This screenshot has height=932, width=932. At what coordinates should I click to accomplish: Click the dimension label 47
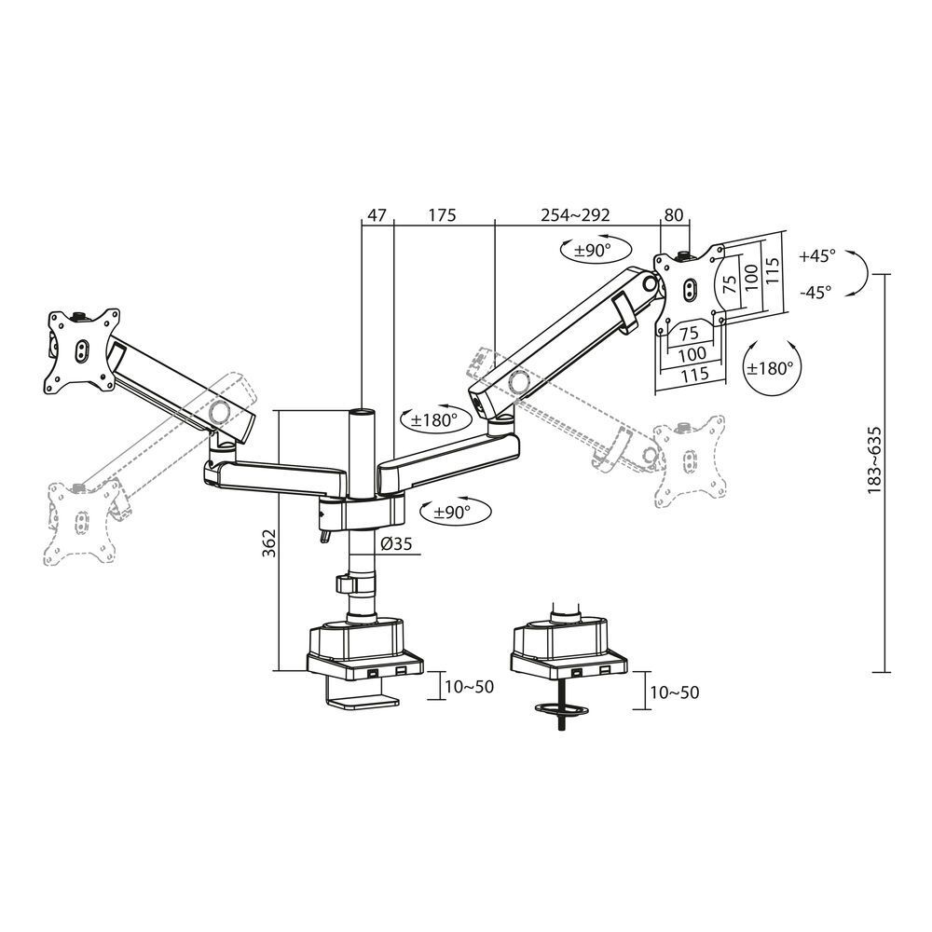pyautogui.click(x=377, y=214)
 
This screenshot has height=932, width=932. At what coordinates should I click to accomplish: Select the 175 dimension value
pyautogui.click(x=441, y=214)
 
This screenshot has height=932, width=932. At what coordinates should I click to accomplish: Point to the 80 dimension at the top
pyautogui.click(x=673, y=214)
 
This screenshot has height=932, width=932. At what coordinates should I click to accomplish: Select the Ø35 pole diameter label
pyautogui.click(x=395, y=545)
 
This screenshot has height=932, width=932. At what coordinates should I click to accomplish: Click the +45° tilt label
pyautogui.click(x=817, y=254)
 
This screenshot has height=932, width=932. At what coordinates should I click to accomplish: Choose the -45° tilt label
pyautogui.click(x=816, y=291)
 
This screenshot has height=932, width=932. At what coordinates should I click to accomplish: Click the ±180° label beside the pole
pyautogui.click(x=430, y=419)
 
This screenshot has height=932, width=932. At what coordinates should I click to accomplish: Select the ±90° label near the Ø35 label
pyautogui.click(x=445, y=511)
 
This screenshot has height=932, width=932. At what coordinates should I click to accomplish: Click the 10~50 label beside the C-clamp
pyautogui.click(x=469, y=687)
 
